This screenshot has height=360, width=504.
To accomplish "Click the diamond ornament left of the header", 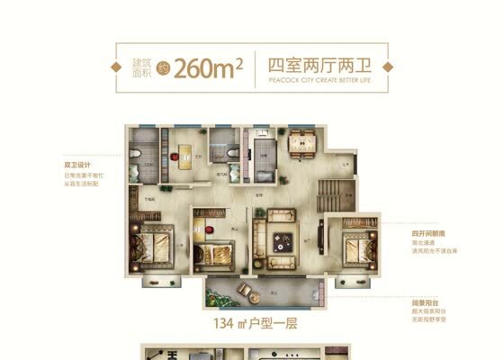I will [114, 67].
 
